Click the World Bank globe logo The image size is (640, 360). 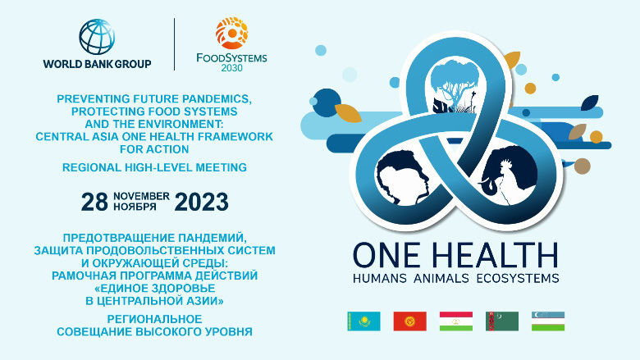click(x=97, y=35)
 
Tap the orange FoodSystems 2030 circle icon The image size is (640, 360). click(x=231, y=33)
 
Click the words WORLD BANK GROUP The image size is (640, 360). click(x=97, y=62)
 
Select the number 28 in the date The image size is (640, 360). click(x=94, y=202)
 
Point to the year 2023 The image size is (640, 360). click(x=202, y=202)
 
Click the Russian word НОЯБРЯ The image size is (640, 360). click(x=141, y=207)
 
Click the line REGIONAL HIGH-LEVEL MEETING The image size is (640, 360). click(x=154, y=167)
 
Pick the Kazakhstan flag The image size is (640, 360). click(x=363, y=321)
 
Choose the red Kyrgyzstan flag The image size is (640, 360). click(x=409, y=321)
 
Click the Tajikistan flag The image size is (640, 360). click(x=455, y=321)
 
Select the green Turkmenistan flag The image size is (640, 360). click(x=501, y=321)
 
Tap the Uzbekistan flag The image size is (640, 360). click(x=547, y=321)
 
